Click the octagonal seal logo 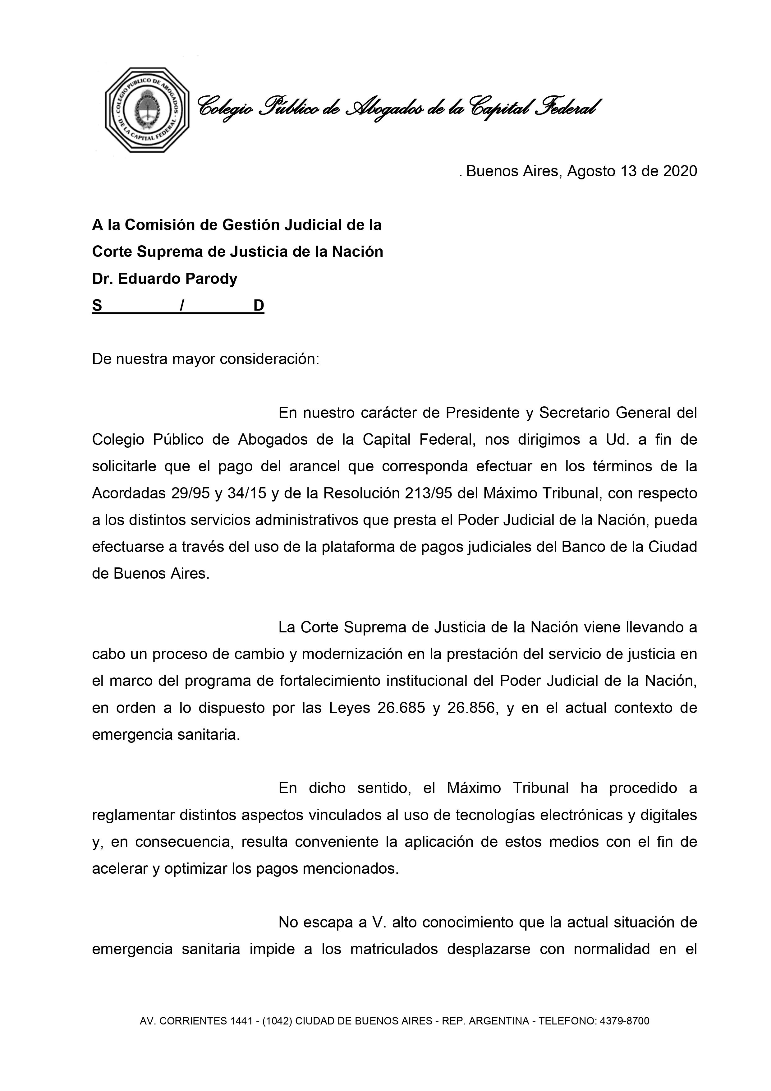point(147,110)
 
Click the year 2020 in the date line point(680,171)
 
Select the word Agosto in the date point(591,171)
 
